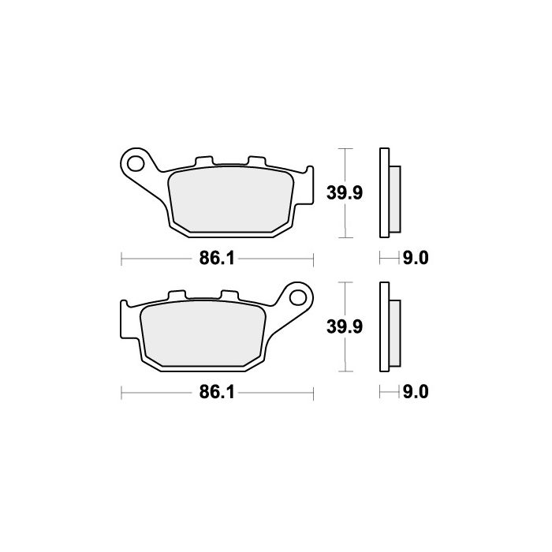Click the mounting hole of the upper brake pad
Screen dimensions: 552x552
pyautogui.click(x=136, y=164)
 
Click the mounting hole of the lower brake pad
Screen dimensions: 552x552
pyautogui.click(x=298, y=297)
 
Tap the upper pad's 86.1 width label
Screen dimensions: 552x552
pyautogui.click(x=217, y=259)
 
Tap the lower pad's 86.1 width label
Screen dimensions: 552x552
pyautogui.click(x=217, y=392)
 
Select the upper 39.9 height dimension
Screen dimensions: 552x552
pyautogui.click(x=345, y=193)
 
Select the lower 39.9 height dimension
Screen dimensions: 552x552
pyautogui.click(x=345, y=326)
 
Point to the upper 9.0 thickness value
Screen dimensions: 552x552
pyautogui.click(x=416, y=259)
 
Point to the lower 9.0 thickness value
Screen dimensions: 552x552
pyautogui.click(x=416, y=392)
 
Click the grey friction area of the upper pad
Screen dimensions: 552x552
pyautogui.click(x=230, y=200)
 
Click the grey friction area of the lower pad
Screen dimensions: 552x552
pyautogui.click(x=203, y=334)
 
